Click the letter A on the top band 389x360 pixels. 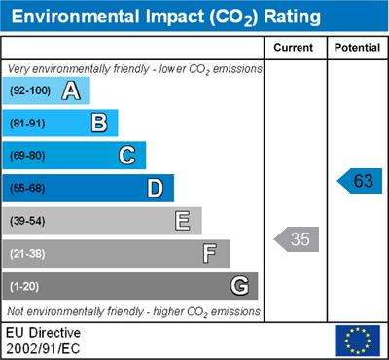click(x=71, y=90)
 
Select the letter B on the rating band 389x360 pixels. click(x=99, y=123)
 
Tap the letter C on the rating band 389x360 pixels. click(x=126, y=156)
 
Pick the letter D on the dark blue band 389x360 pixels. click(x=155, y=188)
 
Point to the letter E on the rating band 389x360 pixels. click(x=182, y=221)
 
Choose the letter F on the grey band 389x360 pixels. click(x=210, y=254)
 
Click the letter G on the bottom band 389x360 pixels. click(x=240, y=286)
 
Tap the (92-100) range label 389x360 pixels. click(x=30, y=90)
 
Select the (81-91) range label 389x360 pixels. click(x=27, y=124)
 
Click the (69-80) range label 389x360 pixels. click(x=27, y=156)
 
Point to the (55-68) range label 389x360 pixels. click(x=27, y=189)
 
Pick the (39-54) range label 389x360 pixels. click(x=27, y=221)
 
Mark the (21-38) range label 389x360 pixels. click(x=27, y=254)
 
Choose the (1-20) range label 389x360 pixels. click(x=24, y=287)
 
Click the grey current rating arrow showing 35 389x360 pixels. click(x=297, y=239)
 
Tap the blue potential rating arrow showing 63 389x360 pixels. click(x=360, y=181)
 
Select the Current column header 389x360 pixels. click(x=294, y=48)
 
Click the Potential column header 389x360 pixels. click(x=357, y=48)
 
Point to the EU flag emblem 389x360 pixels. click(x=358, y=341)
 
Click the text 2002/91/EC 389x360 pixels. click(x=43, y=349)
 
